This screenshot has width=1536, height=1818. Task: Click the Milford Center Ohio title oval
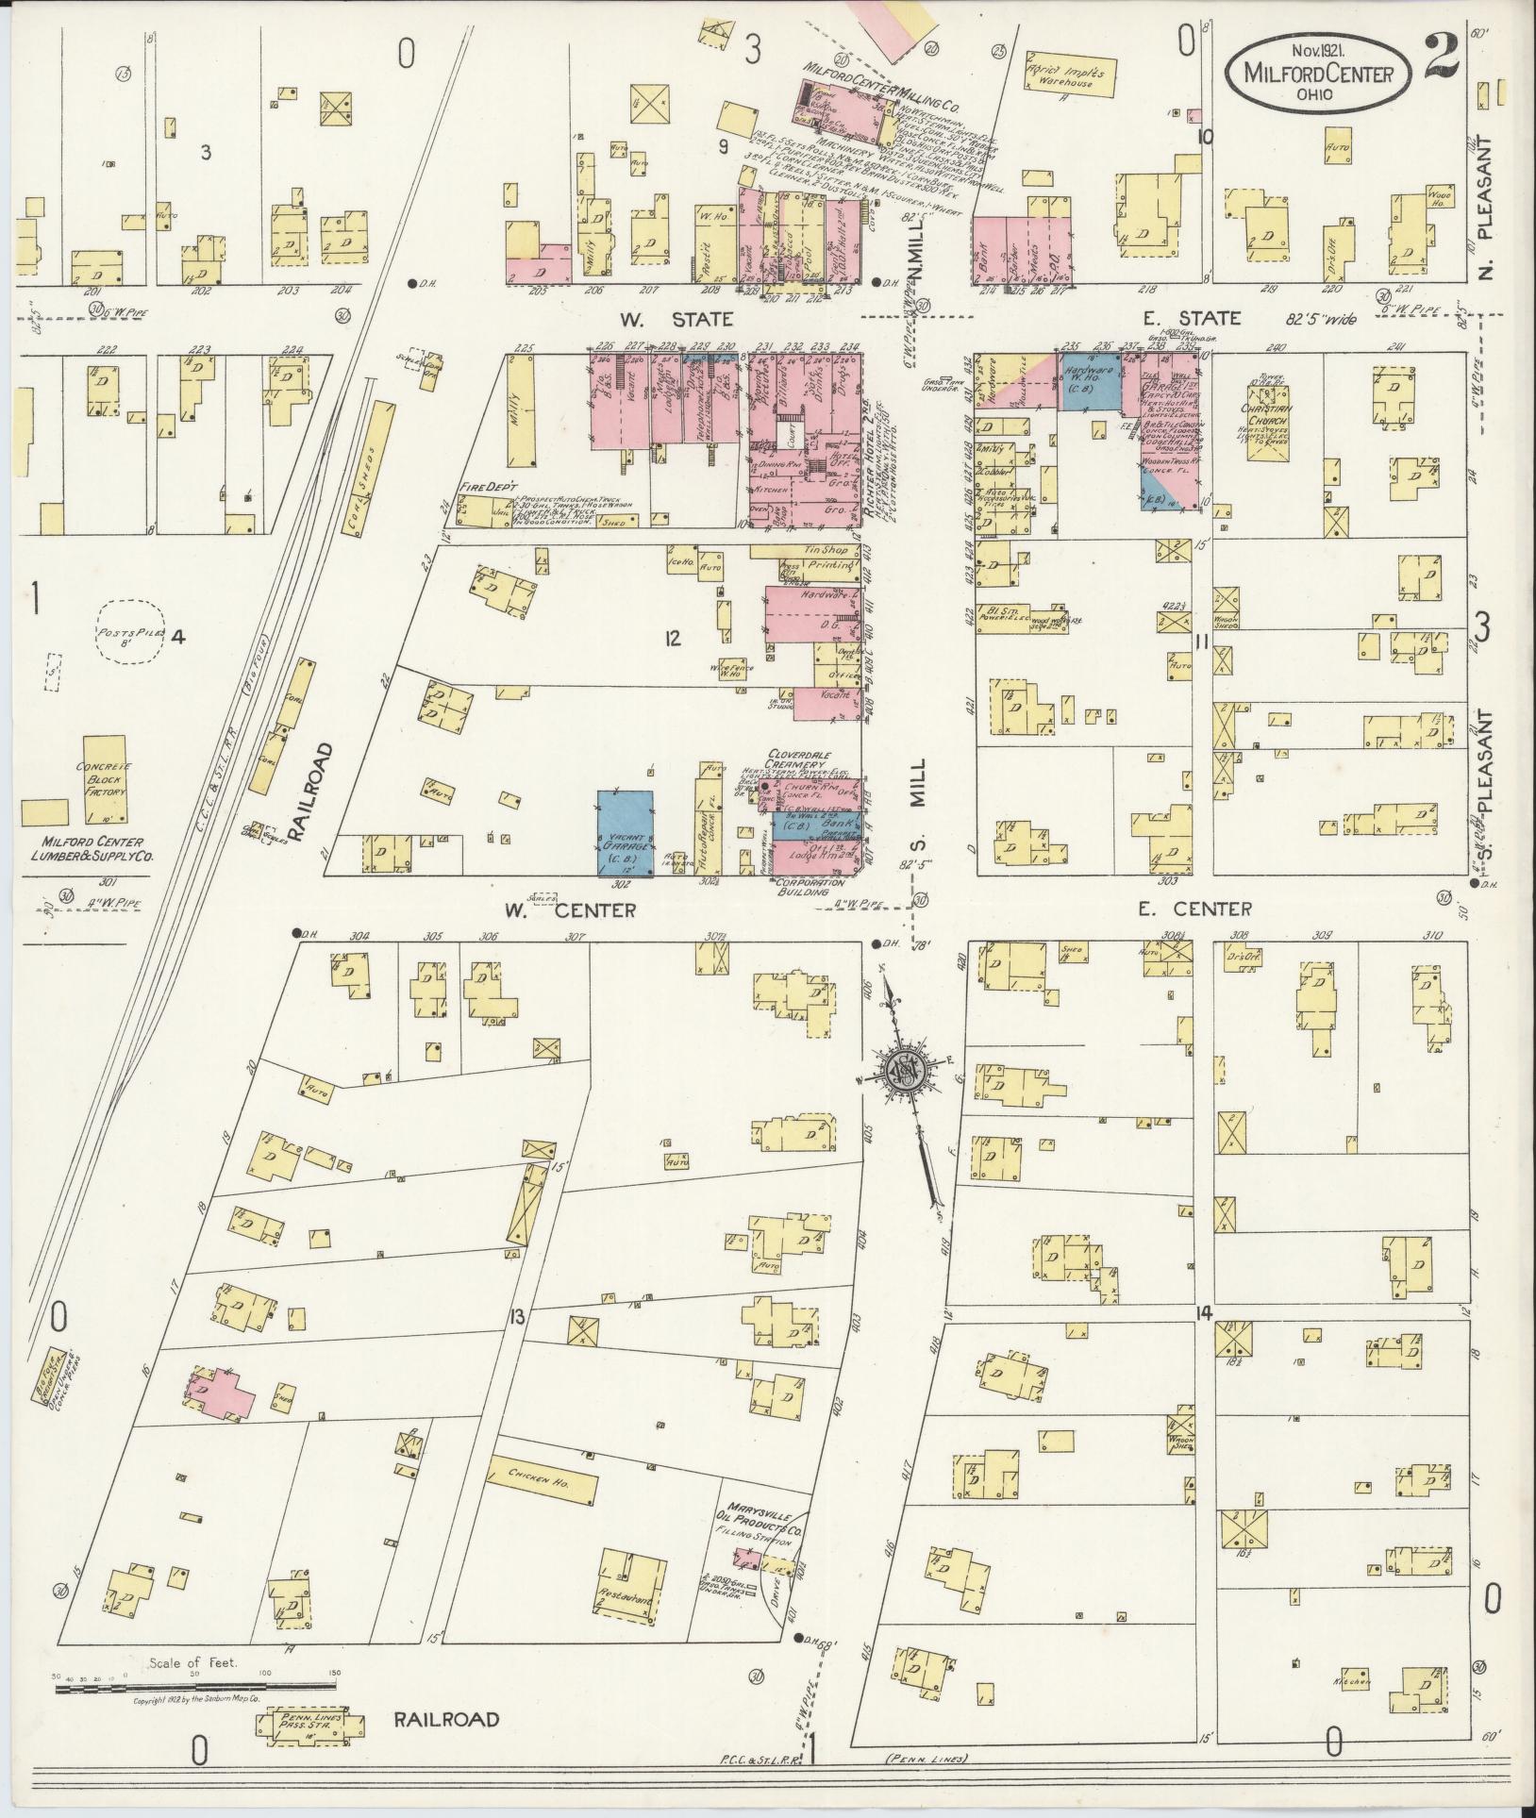1319,71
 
